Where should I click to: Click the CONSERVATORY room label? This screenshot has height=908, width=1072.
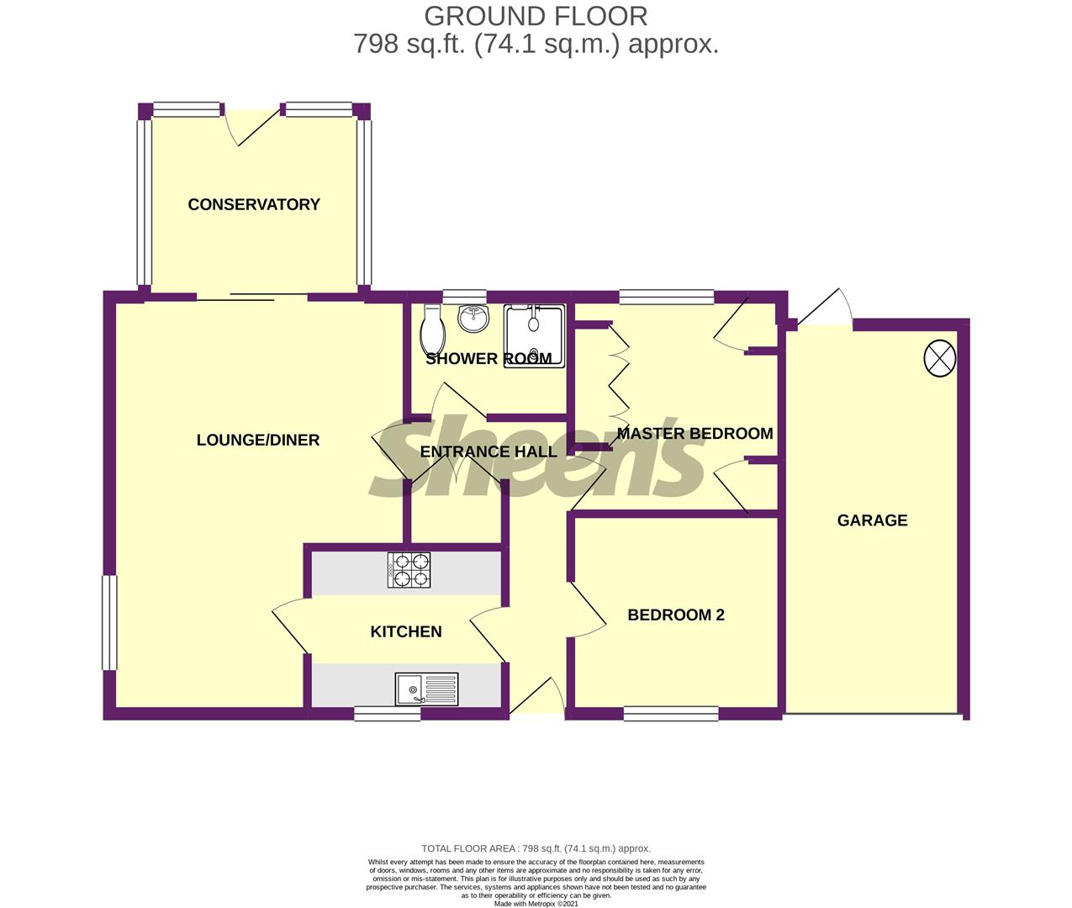(x=254, y=204)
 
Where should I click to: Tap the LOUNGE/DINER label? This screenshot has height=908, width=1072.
(x=257, y=440)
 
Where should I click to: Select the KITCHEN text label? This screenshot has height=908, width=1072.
(x=406, y=631)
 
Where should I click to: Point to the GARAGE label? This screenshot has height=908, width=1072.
(x=872, y=520)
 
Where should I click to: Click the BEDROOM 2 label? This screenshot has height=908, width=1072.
(x=676, y=615)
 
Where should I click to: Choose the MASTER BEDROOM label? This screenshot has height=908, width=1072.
(x=694, y=434)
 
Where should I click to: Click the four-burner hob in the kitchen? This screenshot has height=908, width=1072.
(x=409, y=570)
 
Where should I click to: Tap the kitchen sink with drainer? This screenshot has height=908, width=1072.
(x=426, y=689)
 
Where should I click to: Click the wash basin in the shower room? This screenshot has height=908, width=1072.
(x=473, y=318)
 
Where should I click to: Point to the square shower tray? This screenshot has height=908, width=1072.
(x=534, y=335)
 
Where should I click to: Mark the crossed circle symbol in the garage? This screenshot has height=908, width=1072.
(x=940, y=358)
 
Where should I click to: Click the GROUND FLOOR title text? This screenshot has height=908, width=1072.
(x=536, y=16)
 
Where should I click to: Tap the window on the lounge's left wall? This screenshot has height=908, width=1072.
(x=109, y=622)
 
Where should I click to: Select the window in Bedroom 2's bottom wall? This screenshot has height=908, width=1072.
(x=671, y=714)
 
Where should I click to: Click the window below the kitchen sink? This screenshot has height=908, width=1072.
(x=387, y=714)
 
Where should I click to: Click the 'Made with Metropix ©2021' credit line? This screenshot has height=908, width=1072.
(x=536, y=904)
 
